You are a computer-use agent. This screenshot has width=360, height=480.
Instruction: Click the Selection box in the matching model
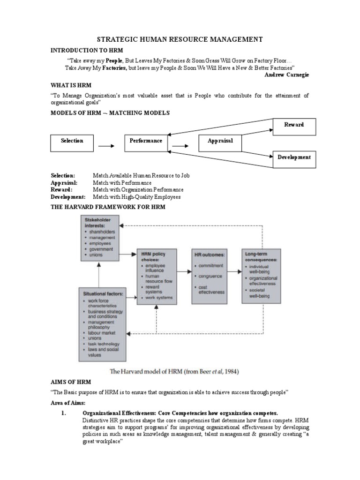click(72, 141)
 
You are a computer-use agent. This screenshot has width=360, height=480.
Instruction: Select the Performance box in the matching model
click(146, 141)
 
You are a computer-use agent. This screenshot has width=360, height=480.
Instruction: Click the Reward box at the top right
click(294, 125)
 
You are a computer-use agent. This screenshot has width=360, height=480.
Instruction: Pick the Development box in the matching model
click(294, 157)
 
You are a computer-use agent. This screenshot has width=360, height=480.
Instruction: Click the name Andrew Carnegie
click(287, 75)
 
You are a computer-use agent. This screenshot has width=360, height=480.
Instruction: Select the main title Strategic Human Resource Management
click(180, 40)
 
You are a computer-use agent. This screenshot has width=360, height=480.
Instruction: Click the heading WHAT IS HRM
click(71, 86)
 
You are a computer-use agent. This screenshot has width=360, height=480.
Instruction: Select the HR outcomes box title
click(210, 255)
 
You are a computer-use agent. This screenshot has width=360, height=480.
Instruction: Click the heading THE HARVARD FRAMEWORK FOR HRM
click(108, 207)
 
